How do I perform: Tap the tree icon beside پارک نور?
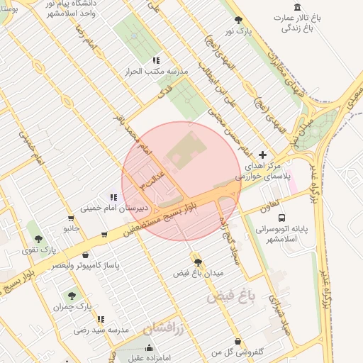[x=238, y=21]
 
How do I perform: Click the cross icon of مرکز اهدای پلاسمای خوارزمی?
[x=263, y=155]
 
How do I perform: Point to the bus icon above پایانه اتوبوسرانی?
[x=282, y=218]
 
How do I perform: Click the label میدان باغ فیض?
[x=199, y=273]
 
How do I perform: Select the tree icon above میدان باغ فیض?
[x=198, y=262]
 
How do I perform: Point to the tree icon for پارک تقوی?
[x=38, y=239]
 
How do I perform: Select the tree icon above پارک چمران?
[x=72, y=295]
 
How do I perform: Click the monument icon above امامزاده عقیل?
[x=149, y=348]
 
